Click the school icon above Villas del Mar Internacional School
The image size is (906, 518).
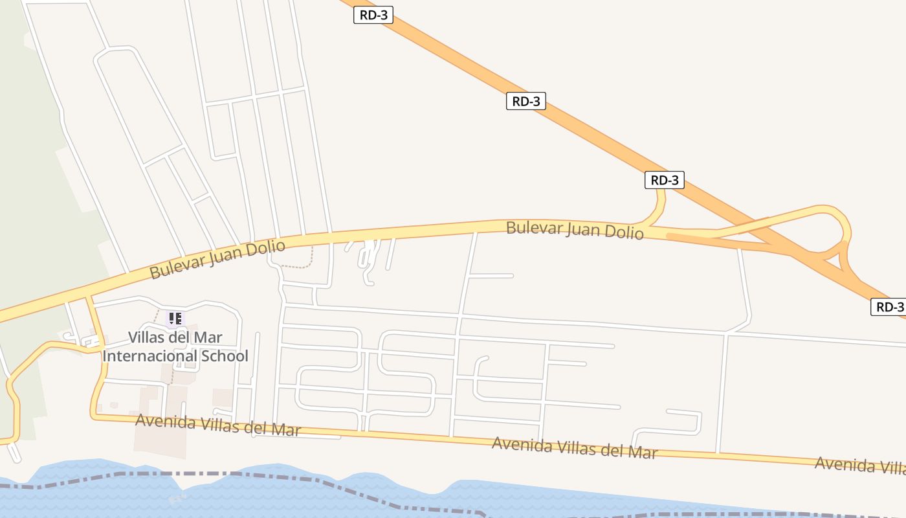click(x=175, y=318)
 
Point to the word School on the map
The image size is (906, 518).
click(x=224, y=356)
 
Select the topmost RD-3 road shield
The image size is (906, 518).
click(x=373, y=16)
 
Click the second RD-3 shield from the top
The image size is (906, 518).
click(x=525, y=101)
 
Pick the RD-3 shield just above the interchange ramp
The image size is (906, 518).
click(x=664, y=180)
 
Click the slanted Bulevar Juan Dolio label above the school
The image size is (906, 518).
click(x=217, y=259)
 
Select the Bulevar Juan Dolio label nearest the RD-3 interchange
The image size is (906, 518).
click(x=575, y=230)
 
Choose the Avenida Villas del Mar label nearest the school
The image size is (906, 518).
click(x=218, y=425)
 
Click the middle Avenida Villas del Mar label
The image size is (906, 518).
click(x=575, y=447)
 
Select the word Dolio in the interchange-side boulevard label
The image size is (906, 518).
click(x=625, y=232)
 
